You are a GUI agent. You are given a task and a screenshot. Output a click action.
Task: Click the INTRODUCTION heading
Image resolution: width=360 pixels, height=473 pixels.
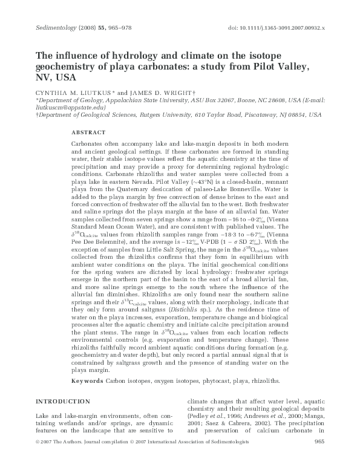(x=64, y=402)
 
